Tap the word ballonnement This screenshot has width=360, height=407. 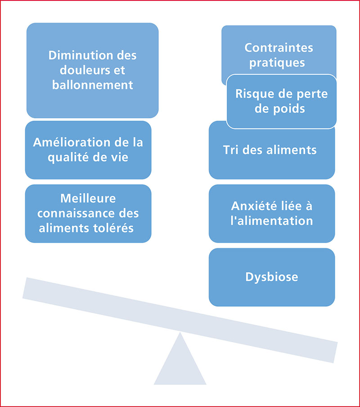pos(93,85)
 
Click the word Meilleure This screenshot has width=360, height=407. pos(88,198)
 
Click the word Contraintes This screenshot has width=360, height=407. pos(279,48)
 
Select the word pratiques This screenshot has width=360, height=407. pos(277,63)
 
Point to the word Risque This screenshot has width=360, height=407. pos(252,94)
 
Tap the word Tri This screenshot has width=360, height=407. pos(230,150)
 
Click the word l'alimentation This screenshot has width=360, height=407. pos(272,221)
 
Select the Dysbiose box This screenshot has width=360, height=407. pos(272,277)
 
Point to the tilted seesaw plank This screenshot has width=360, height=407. pos(180,320)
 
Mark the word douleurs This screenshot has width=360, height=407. pos(83,70)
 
